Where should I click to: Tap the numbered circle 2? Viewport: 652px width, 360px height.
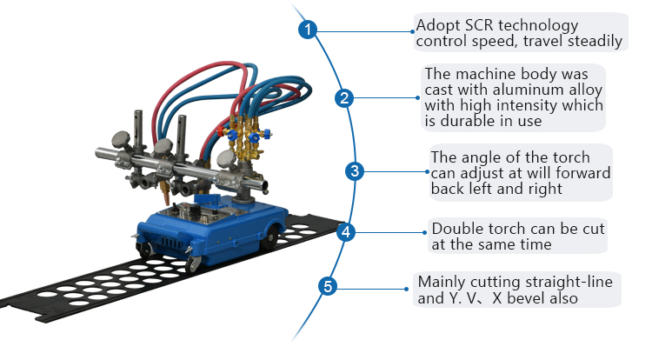click(344, 98)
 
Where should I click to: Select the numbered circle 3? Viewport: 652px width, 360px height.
click(353, 170)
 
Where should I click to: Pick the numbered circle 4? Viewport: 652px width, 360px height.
click(346, 232)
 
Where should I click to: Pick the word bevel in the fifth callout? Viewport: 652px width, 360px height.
click(548, 298)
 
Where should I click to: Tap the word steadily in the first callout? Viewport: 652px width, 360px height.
click(590, 41)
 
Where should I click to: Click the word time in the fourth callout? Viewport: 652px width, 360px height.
click(534, 244)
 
